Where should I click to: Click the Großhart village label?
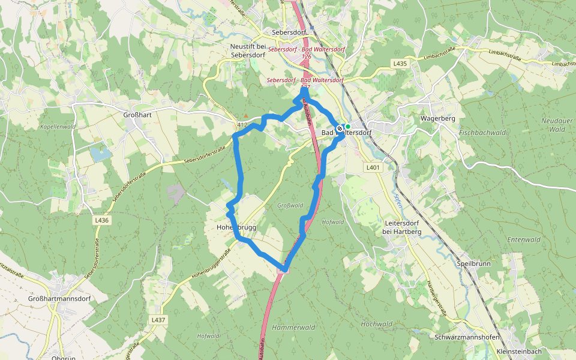136,115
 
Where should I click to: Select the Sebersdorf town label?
289,32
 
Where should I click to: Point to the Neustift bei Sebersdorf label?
248,49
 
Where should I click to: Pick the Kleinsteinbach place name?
520,351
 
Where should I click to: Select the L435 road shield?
400,63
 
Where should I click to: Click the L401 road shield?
373,168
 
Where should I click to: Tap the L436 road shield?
101,220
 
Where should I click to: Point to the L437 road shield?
158,320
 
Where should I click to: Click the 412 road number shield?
242,124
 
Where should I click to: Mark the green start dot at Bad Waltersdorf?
347,127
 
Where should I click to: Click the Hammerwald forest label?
293,328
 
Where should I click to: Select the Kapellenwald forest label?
58,127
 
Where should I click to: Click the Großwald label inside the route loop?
290,206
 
